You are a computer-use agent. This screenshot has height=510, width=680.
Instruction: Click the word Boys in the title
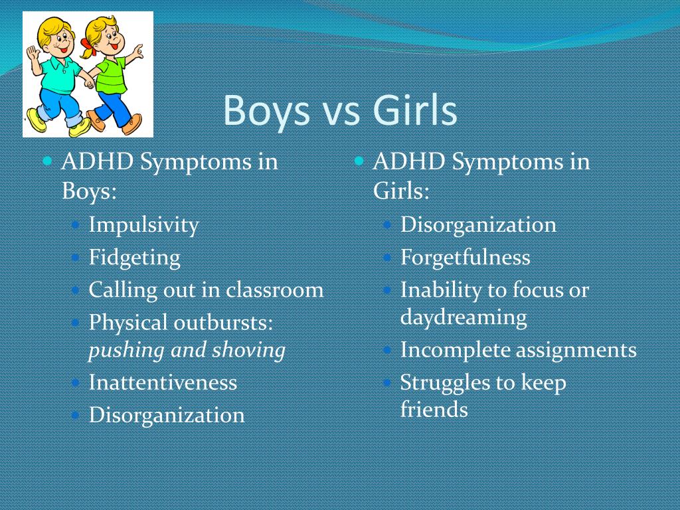click(x=266, y=111)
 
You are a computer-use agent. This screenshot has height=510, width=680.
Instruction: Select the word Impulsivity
click(x=143, y=226)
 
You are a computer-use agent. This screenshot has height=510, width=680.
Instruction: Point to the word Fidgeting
click(x=134, y=258)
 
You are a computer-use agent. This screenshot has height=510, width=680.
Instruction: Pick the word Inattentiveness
click(x=163, y=382)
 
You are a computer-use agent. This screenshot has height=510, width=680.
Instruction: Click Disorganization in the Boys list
click(x=167, y=415)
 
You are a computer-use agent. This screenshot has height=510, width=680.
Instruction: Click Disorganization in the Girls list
click(x=478, y=224)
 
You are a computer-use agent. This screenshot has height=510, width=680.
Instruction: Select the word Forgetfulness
click(x=465, y=257)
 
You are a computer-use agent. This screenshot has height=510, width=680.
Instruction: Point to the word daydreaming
click(x=463, y=317)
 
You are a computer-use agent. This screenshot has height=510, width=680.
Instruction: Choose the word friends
click(x=434, y=409)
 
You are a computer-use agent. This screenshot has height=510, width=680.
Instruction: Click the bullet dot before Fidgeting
click(x=76, y=258)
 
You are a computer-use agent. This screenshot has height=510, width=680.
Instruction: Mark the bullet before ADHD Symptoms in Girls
click(x=359, y=161)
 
